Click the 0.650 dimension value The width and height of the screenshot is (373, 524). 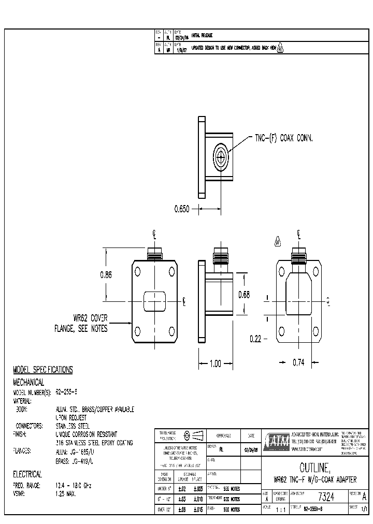(x=182, y=210)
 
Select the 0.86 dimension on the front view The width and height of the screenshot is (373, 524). (x=106, y=275)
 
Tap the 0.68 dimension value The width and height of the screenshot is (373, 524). (x=243, y=295)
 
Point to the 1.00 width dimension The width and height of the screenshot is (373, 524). (x=214, y=363)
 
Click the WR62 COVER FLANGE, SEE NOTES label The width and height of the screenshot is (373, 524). (x=81, y=324)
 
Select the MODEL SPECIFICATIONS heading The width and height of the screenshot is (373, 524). (x=42, y=370)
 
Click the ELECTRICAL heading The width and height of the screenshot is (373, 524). (x=27, y=474)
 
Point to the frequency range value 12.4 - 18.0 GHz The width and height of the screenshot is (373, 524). (x=73, y=485)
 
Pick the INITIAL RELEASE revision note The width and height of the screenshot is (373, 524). (x=202, y=36)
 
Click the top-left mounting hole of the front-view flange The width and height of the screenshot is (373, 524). (x=138, y=271)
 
